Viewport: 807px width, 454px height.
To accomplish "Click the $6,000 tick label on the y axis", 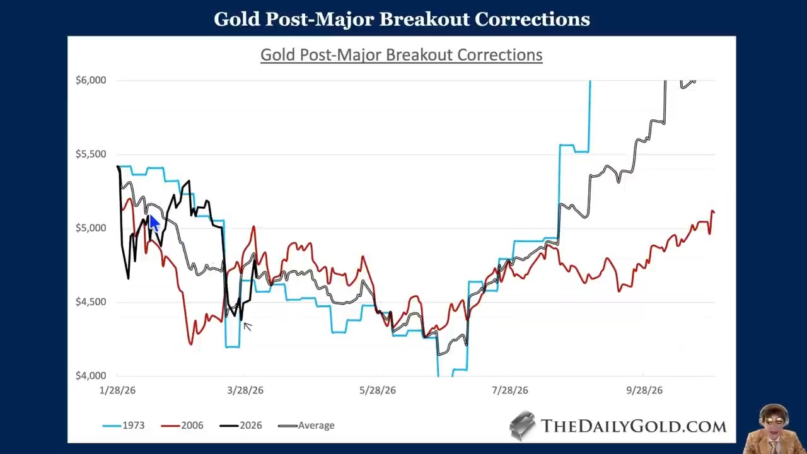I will [91, 80].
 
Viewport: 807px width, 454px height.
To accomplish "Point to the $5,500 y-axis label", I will [91, 154].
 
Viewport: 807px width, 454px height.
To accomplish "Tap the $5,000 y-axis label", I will [91, 228].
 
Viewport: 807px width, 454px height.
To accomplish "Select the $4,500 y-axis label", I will [91, 302].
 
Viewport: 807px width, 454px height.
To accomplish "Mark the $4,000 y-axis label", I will [91, 376].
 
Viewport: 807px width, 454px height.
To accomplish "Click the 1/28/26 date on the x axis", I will [117, 390].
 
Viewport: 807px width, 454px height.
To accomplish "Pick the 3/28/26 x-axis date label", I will [245, 390].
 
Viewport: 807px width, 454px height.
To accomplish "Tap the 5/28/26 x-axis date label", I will [378, 390].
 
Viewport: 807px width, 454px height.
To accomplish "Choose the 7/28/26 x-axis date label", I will [510, 390].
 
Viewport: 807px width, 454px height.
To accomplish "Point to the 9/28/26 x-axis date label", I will [644, 390].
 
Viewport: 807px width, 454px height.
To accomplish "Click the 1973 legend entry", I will [133, 426].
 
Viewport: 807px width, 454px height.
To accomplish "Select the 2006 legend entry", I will [192, 426].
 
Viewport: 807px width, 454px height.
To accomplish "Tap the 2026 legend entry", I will [250, 426].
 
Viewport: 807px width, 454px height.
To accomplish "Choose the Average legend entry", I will [316, 426].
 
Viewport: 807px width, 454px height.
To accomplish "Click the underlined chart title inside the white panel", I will [401, 55].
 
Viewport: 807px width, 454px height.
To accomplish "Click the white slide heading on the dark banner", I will [402, 19].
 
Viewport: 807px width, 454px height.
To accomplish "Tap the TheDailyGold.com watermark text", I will [633, 426].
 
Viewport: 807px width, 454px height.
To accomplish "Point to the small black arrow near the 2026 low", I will [247, 326].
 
